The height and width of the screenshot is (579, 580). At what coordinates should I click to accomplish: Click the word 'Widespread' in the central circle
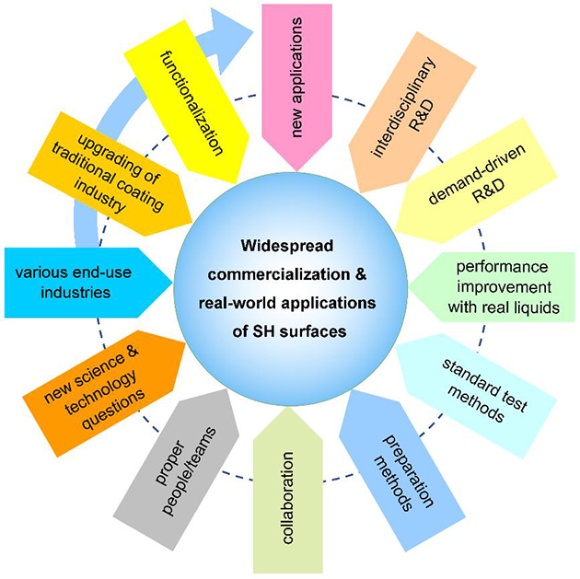(x=287, y=246)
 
